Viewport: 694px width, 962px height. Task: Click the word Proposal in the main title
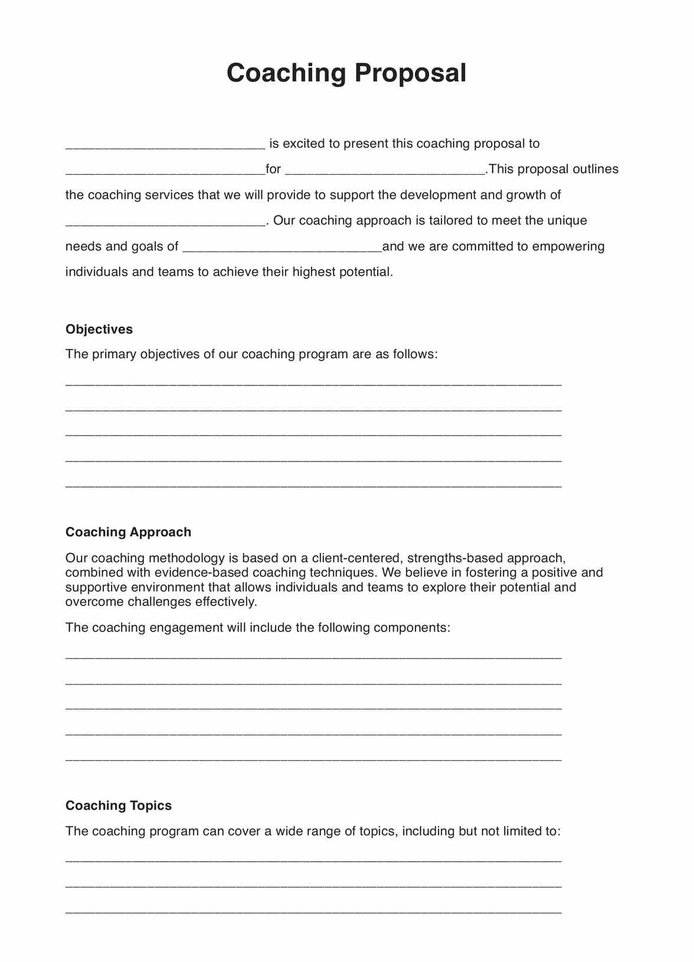[x=410, y=73]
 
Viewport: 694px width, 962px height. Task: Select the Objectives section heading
[x=99, y=329]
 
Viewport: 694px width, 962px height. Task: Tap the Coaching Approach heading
[x=128, y=532]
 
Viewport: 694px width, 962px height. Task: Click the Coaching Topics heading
[x=119, y=806]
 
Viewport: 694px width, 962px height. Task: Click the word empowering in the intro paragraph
[x=568, y=247]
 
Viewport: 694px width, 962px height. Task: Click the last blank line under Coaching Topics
[x=313, y=911]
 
